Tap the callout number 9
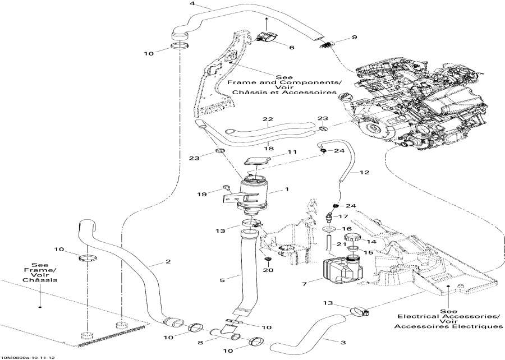354,38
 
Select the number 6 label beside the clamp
291,48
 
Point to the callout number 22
267,119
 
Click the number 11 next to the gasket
292,152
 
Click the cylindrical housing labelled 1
258,194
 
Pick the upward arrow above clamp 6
267,22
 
